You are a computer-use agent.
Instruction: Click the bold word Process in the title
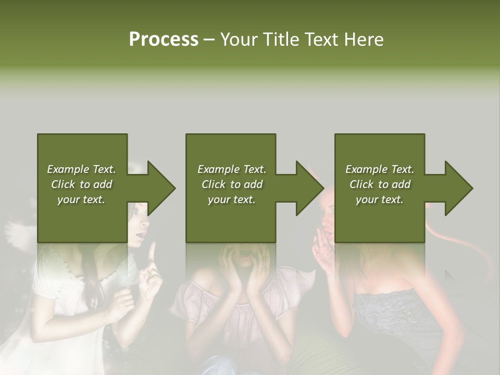pos(164,40)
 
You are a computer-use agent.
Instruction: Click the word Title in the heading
pos(282,40)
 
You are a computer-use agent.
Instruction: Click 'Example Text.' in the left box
pos(81,169)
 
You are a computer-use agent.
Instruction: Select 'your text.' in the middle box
pos(231,199)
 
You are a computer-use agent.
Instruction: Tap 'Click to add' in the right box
pos(380,184)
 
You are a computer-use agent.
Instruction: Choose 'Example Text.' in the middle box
pos(231,169)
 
